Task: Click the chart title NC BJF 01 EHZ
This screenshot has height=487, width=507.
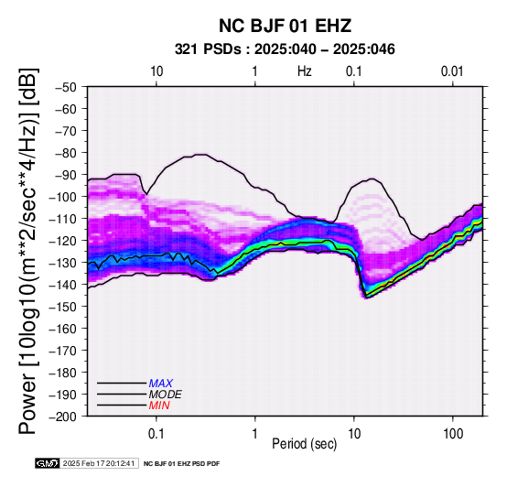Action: pos(285,26)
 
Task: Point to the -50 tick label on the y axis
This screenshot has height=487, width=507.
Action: pos(66,87)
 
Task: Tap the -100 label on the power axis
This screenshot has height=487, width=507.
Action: pos(63,197)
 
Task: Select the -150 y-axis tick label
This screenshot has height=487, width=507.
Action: pos(63,307)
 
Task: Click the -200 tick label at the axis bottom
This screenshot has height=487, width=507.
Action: pos(63,417)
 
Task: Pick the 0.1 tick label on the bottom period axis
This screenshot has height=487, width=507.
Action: pos(156,434)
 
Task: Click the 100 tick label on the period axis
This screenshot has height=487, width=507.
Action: pos(453,434)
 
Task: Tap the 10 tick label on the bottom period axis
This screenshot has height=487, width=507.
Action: pos(354,434)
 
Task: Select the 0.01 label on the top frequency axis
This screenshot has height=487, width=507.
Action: pos(453,71)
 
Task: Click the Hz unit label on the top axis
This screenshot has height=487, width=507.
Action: pos(305,71)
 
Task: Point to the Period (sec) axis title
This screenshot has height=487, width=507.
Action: pos(304,444)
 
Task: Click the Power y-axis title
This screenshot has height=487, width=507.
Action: pos(28,251)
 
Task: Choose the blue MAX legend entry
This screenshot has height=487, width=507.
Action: pos(161,384)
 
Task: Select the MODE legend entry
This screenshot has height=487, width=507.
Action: pos(166,395)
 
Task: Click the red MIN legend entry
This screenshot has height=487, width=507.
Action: pos(159,406)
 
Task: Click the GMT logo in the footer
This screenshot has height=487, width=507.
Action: pos(48,463)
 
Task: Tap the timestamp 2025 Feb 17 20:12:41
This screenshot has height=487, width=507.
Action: pos(99,463)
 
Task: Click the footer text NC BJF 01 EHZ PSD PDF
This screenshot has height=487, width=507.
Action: pos(182,464)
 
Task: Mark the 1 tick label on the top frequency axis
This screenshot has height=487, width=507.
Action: pos(255,71)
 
